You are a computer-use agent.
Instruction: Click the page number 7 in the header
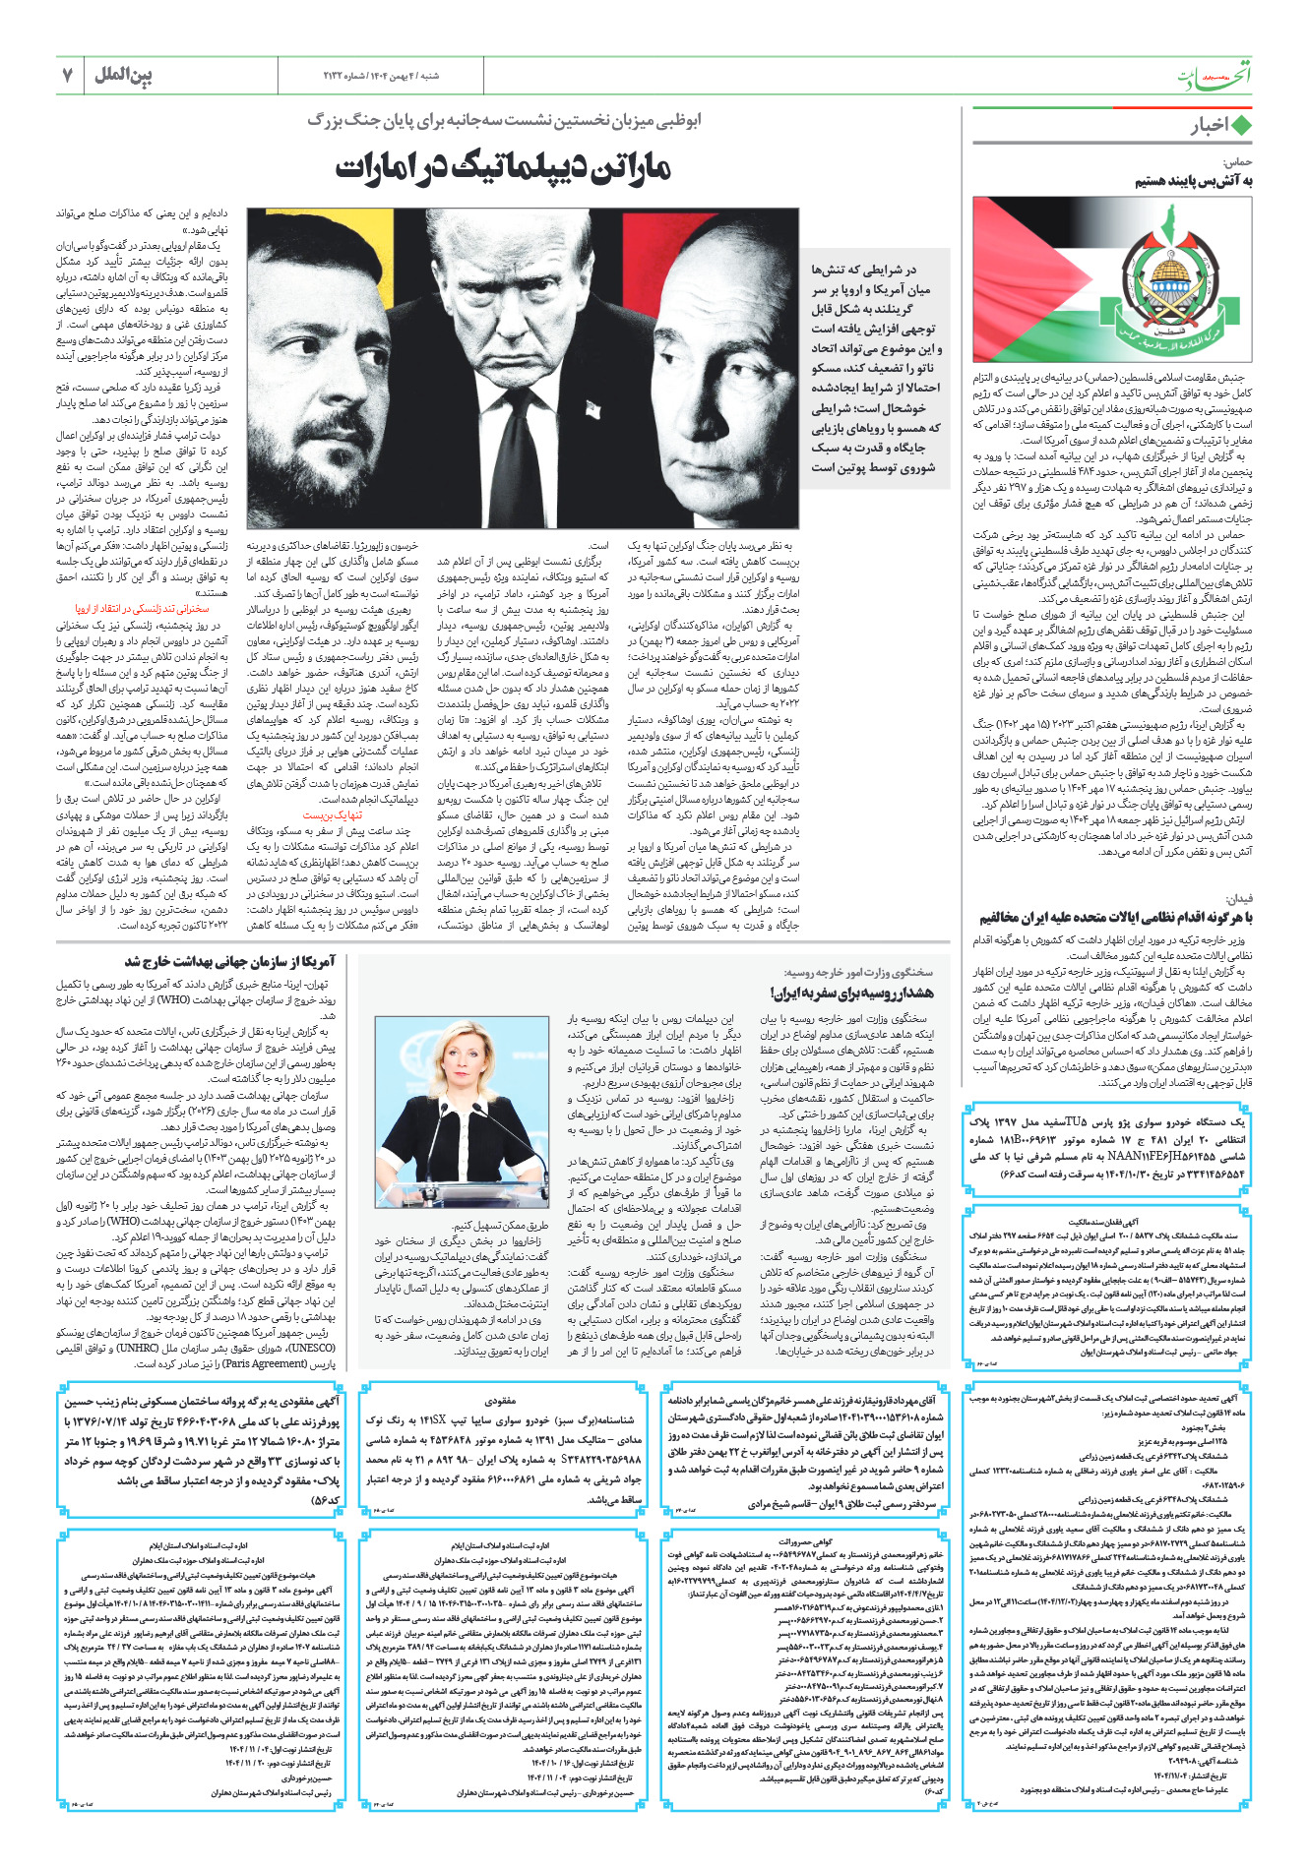pyautogui.click(x=67, y=75)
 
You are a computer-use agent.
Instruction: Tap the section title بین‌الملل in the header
pyautogui.click(x=123, y=75)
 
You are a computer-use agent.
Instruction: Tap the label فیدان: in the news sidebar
pyautogui.click(x=1238, y=899)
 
